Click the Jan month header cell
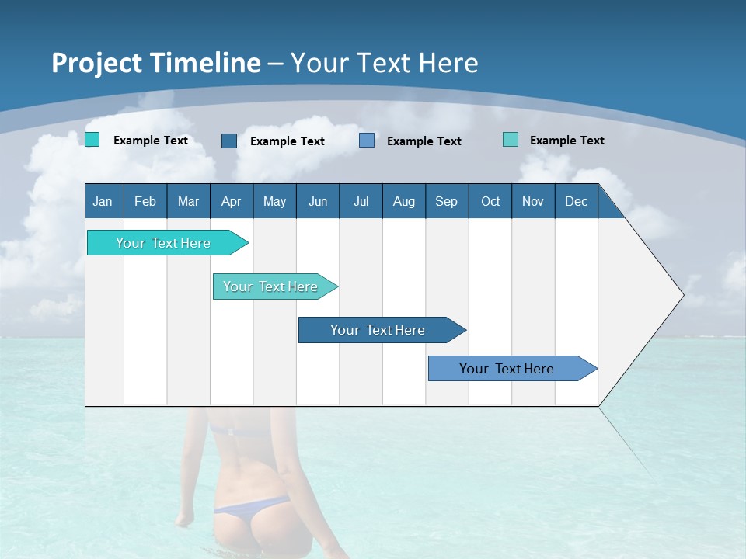click(103, 201)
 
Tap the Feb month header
click(145, 201)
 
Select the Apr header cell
click(232, 201)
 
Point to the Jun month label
click(318, 201)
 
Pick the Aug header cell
click(404, 201)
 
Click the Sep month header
click(447, 201)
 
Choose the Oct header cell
click(490, 201)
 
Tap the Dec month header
click(577, 201)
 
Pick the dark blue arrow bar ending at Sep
click(378, 330)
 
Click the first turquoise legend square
click(92, 140)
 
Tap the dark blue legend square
click(229, 141)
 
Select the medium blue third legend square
click(367, 141)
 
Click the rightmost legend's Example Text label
click(566, 141)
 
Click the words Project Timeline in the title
click(156, 63)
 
